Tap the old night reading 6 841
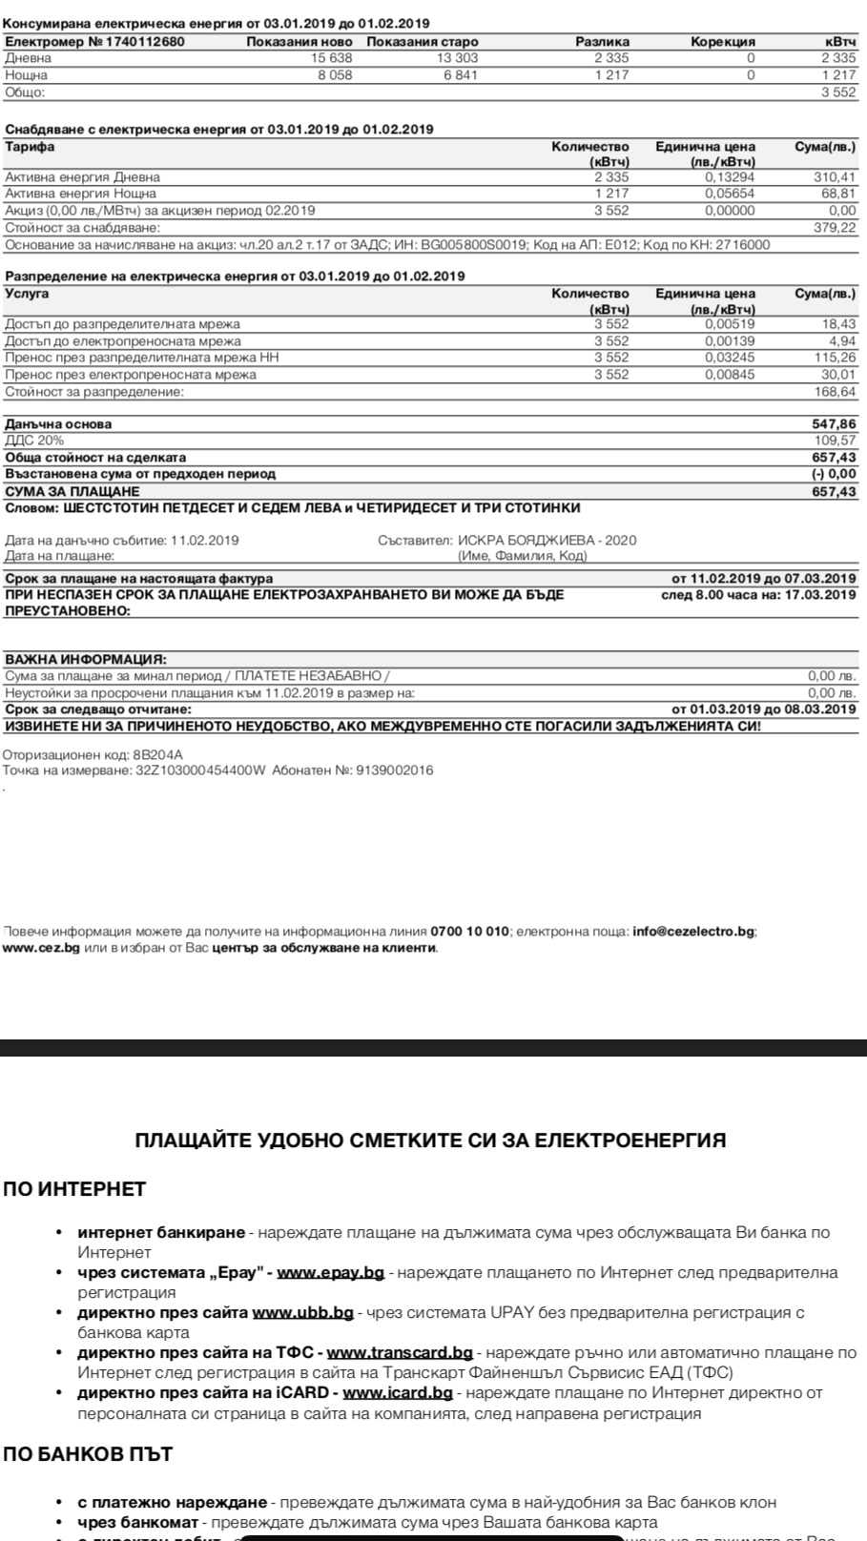(x=460, y=75)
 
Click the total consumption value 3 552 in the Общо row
(x=838, y=92)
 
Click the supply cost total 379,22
(x=837, y=228)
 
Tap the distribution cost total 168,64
(x=837, y=392)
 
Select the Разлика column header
(x=602, y=41)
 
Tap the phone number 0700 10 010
(x=469, y=931)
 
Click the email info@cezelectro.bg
(x=693, y=931)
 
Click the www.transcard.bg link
(x=400, y=1352)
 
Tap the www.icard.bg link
(x=397, y=1392)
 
